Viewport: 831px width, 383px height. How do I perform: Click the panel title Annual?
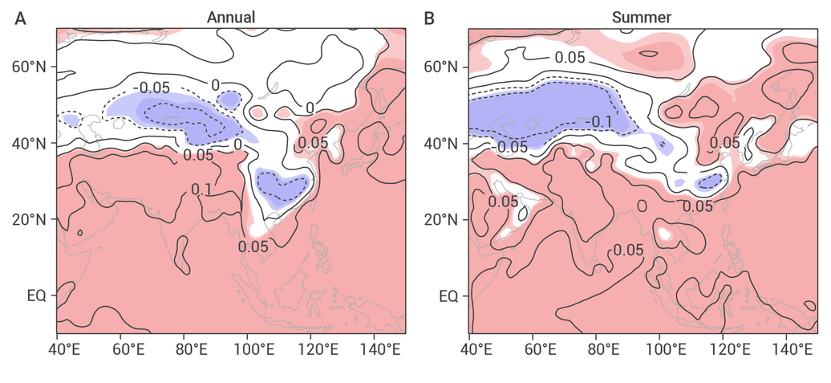pyautogui.click(x=230, y=17)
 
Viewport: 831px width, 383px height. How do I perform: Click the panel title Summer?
pyautogui.click(x=641, y=17)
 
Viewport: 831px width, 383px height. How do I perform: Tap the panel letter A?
pyautogui.click(x=20, y=18)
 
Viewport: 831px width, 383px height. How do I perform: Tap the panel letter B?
pyautogui.click(x=429, y=18)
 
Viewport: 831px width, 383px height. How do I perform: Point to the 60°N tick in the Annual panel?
pyautogui.click(x=30, y=67)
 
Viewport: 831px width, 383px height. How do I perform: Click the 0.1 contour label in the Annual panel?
pyautogui.click(x=201, y=189)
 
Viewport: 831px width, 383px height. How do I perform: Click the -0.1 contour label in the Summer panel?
pyautogui.click(x=599, y=123)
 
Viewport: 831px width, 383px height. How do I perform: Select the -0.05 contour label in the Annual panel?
pyautogui.click(x=152, y=88)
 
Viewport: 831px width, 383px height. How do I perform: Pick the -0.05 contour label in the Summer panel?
pyautogui.click(x=510, y=148)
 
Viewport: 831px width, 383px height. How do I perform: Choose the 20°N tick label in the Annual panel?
pyautogui.click(x=30, y=220)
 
